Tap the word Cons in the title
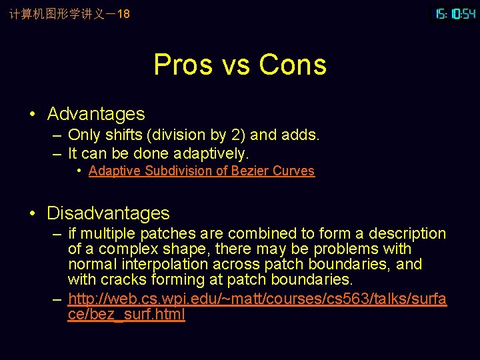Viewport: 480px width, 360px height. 293,65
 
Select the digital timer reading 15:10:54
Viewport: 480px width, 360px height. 455,13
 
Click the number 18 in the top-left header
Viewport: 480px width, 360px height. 123,13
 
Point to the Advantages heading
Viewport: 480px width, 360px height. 96,114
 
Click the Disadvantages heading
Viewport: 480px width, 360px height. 108,213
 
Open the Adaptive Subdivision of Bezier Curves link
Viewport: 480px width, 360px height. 201,171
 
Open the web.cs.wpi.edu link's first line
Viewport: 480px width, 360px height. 257,299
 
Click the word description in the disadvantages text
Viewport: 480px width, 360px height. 406,233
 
